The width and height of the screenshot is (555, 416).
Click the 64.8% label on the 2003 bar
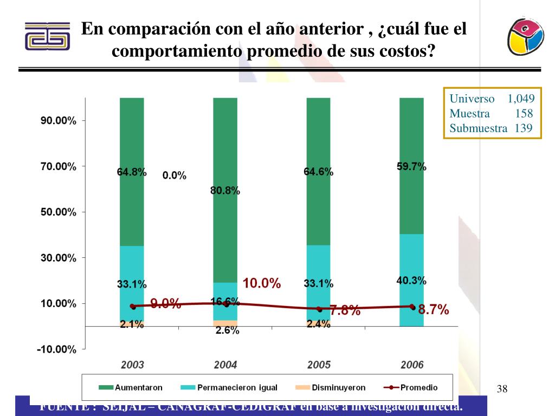click(x=132, y=172)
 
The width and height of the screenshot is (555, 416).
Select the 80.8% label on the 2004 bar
click(x=225, y=191)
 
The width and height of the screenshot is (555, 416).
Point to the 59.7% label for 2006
click(x=411, y=167)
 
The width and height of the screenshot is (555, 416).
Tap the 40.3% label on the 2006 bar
click(x=411, y=281)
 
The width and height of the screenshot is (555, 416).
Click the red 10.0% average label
click(x=262, y=283)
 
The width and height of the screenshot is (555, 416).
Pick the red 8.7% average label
click(x=434, y=310)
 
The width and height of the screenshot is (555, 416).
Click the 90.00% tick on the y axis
click(x=59, y=120)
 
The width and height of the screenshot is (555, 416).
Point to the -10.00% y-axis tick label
click(x=56, y=349)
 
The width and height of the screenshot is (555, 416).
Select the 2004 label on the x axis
click(x=225, y=365)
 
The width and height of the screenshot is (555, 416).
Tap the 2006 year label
click(x=412, y=365)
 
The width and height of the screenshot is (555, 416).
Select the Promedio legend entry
click(x=419, y=387)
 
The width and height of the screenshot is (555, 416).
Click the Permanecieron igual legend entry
click(x=237, y=387)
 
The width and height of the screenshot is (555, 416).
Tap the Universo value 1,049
click(x=521, y=99)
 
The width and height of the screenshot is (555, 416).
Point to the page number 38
click(x=502, y=388)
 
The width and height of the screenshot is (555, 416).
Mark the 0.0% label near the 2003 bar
click(x=174, y=175)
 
